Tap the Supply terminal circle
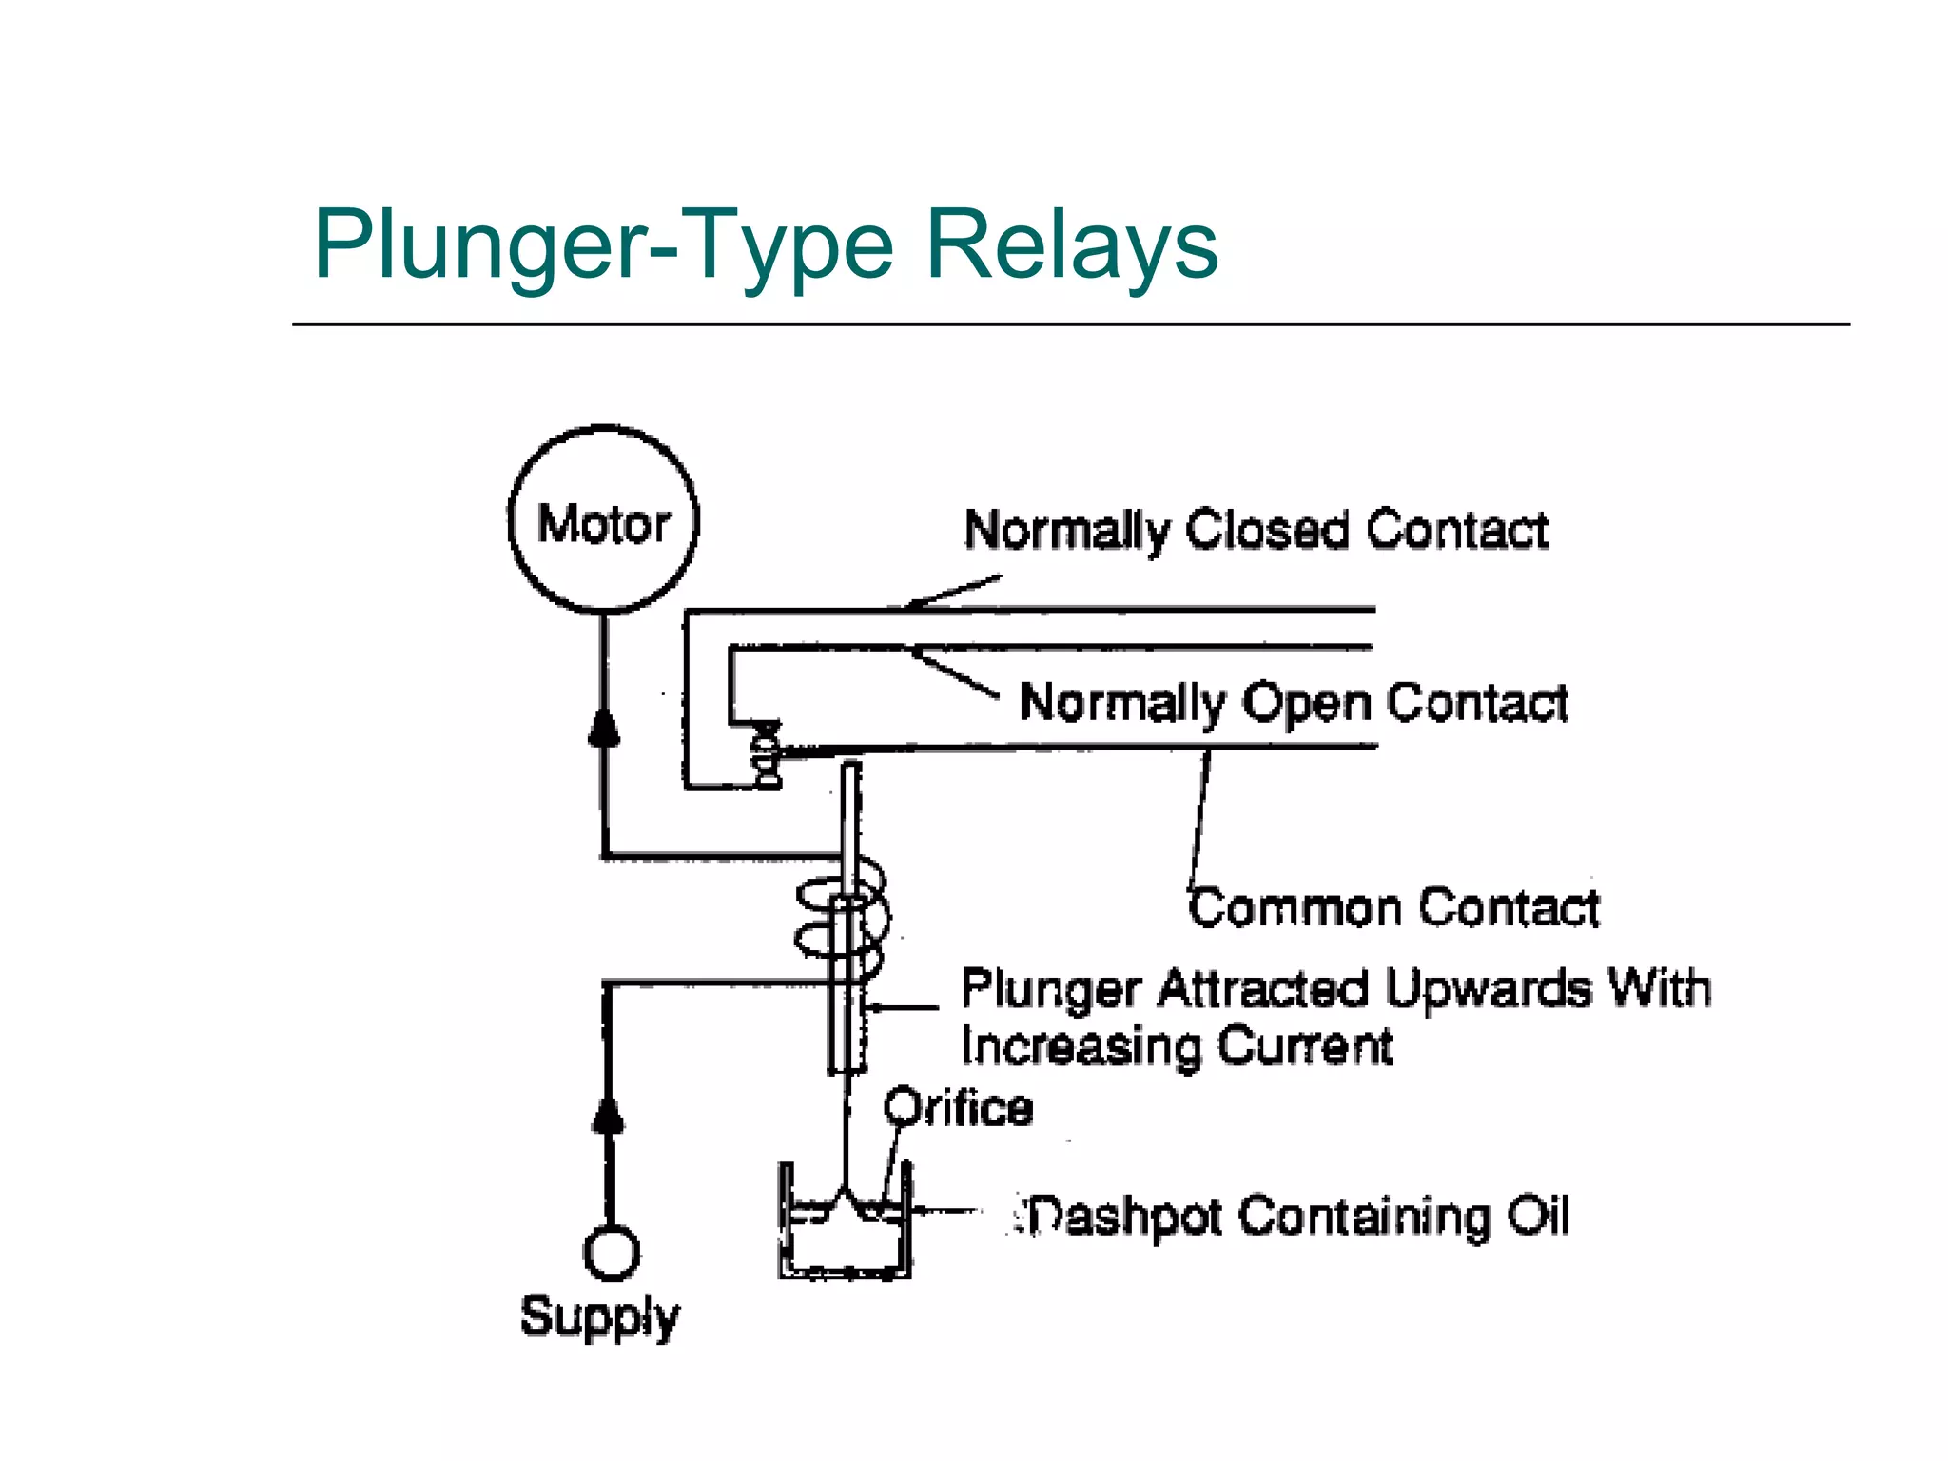point(611,1253)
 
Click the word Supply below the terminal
point(599,1317)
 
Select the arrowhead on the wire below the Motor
point(604,728)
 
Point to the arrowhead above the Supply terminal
point(609,1116)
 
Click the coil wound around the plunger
point(843,919)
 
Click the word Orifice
point(958,1108)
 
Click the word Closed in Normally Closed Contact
point(1267,530)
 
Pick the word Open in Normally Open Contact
point(1305,703)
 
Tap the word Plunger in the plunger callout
point(1050,989)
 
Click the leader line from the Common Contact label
point(1200,818)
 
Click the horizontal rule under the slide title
point(1070,325)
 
